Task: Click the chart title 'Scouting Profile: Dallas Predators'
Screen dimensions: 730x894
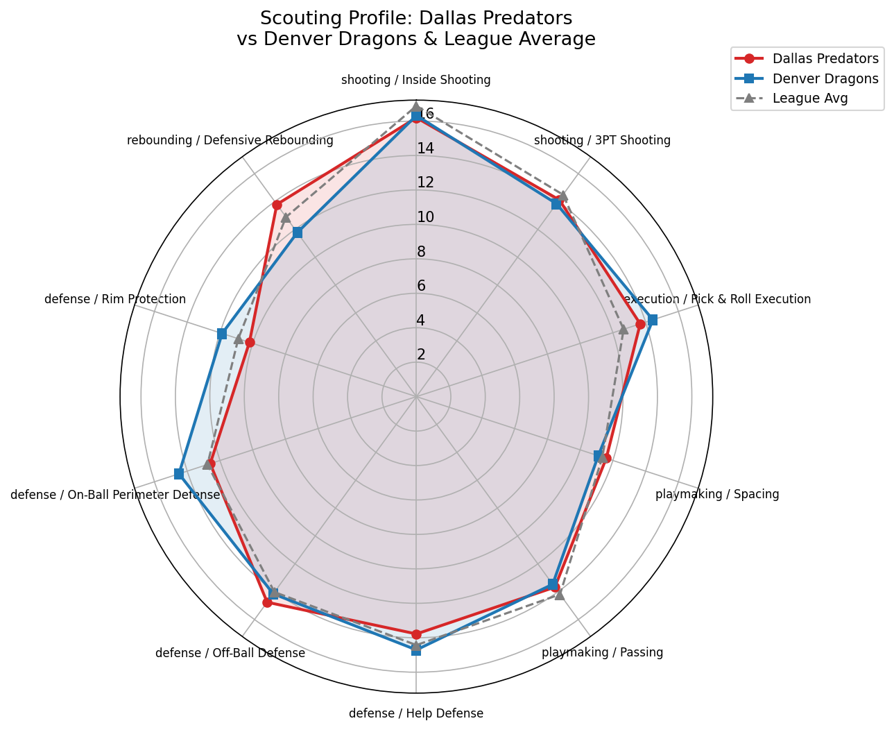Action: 416,17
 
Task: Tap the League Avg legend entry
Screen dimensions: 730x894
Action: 809,99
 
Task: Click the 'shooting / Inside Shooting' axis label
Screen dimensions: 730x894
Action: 416,80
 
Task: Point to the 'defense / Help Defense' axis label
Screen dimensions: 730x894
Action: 416,713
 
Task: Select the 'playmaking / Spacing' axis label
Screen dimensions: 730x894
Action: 717,495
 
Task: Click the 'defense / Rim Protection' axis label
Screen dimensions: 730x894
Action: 115,299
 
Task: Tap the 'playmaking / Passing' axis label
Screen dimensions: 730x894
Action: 602,652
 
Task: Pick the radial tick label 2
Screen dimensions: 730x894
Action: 421,355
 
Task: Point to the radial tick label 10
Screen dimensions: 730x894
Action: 425,217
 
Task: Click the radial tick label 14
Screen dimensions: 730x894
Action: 425,148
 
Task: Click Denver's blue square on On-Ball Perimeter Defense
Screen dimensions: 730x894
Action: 178,474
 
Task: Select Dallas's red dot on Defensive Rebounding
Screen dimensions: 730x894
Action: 277,205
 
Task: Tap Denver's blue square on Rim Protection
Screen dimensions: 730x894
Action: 222,334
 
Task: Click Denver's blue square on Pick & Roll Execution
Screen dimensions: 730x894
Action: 652,320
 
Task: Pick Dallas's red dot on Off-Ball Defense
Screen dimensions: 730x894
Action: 267,602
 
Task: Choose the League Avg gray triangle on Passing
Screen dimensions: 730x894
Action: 560,594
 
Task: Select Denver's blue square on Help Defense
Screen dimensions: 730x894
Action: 416,650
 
